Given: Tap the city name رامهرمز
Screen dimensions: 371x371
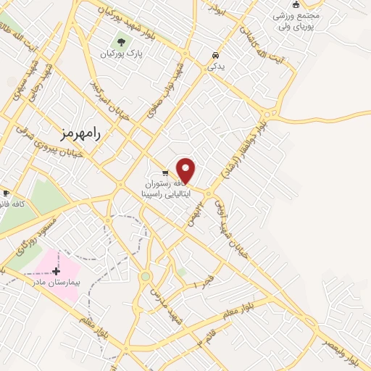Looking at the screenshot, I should [80, 133].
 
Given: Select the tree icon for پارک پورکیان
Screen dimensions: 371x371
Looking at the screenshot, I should [120, 41].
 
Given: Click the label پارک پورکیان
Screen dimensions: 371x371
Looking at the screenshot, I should [120, 54].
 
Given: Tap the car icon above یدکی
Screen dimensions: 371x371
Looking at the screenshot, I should [215, 56].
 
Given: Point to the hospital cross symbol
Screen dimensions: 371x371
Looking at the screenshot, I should [56, 270].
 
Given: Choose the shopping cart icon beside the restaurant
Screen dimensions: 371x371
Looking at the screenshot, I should [165, 173].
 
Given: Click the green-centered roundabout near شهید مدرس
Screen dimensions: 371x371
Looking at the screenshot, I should [145, 276].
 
